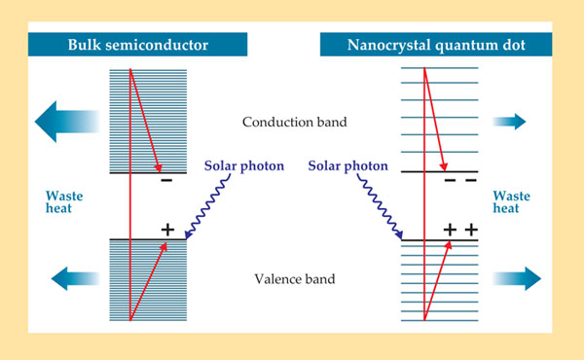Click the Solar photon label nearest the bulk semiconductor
(x=243, y=165)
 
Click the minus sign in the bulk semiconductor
(x=166, y=180)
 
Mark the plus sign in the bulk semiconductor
(x=166, y=230)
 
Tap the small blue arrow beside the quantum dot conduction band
(x=509, y=122)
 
